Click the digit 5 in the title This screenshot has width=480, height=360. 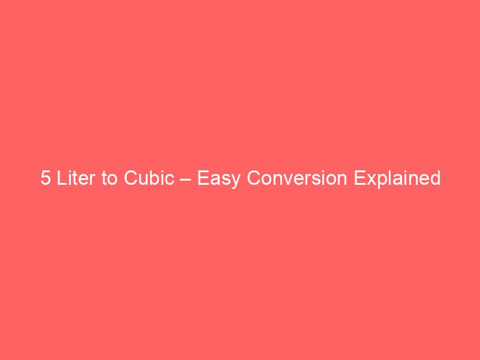tap(46, 179)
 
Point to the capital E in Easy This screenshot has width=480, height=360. tap(202, 179)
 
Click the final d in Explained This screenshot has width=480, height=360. tap(435, 179)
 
